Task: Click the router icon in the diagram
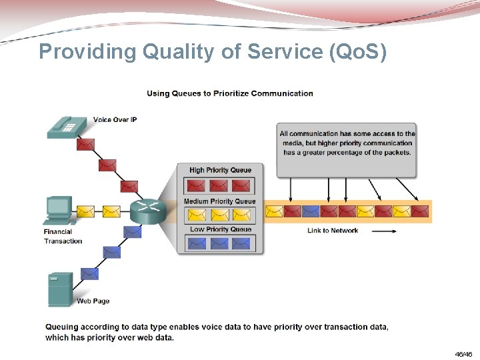pos(147,211)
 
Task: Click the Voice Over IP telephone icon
pos(67,127)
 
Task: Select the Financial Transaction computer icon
pos(58,210)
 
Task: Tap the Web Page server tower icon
pos(60,289)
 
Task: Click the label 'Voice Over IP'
pos(115,120)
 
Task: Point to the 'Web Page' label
pos(93,301)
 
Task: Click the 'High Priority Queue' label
pos(220,170)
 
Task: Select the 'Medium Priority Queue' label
pos(219,201)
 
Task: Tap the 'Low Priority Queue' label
pos(221,229)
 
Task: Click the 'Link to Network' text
pos(333,231)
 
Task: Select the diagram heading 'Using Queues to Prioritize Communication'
pos(230,93)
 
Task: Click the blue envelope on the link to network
pos(311,211)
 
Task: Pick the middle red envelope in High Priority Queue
pos(219,185)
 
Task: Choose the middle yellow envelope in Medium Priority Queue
pos(219,215)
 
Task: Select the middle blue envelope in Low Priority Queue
pos(219,243)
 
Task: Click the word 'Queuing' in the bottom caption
pos(62,327)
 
